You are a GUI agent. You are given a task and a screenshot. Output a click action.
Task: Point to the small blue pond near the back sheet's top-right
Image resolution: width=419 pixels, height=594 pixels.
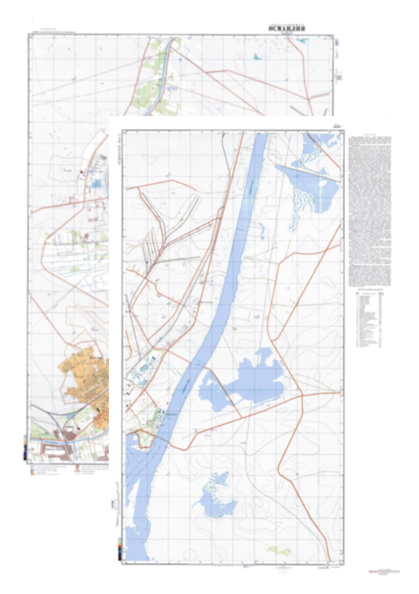pyautogui.click(x=257, y=57)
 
